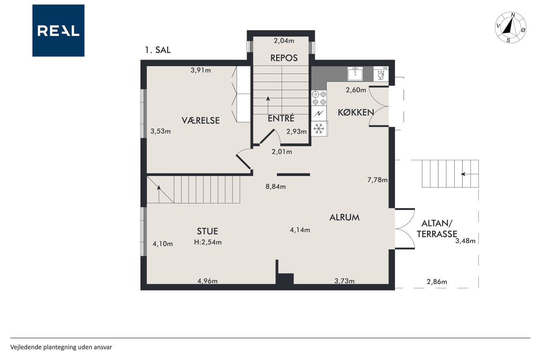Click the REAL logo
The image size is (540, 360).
coord(58,31)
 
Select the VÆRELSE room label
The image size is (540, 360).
coord(200,120)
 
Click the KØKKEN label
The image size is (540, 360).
coord(356,112)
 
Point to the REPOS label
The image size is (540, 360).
coord(284,58)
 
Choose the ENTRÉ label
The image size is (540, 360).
coord(281,118)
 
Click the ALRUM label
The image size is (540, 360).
coord(345,217)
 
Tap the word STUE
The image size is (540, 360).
coord(208,231)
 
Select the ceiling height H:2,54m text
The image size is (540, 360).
coord(208,242)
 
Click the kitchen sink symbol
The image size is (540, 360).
coord(355,73)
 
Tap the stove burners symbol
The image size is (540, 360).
coord(319,98)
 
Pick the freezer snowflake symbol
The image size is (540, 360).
coord(319,129)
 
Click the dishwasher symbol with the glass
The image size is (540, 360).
coord(381,74)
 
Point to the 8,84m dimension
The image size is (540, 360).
coord(275,187)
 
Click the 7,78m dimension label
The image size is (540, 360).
coord(377,180)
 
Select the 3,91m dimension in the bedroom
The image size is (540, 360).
coord(200,70)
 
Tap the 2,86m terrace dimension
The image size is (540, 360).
coord(437,282)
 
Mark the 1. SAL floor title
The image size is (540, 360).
coord(158,50)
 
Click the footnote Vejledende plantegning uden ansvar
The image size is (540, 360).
coord(61,347)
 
